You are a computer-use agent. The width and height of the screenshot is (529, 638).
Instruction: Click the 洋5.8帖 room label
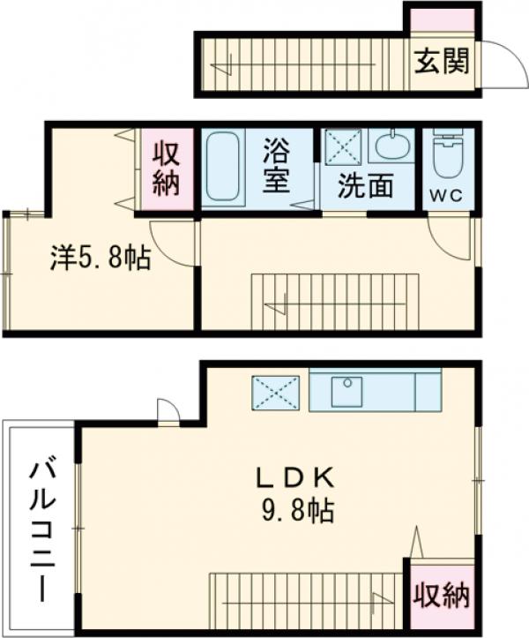pos(99,258)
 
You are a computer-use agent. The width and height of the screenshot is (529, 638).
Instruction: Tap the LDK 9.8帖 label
pos(294,495)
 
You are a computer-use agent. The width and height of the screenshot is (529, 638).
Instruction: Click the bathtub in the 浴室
pos(224,169)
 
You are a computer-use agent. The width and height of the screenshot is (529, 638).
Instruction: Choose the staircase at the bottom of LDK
pos(304,600)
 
